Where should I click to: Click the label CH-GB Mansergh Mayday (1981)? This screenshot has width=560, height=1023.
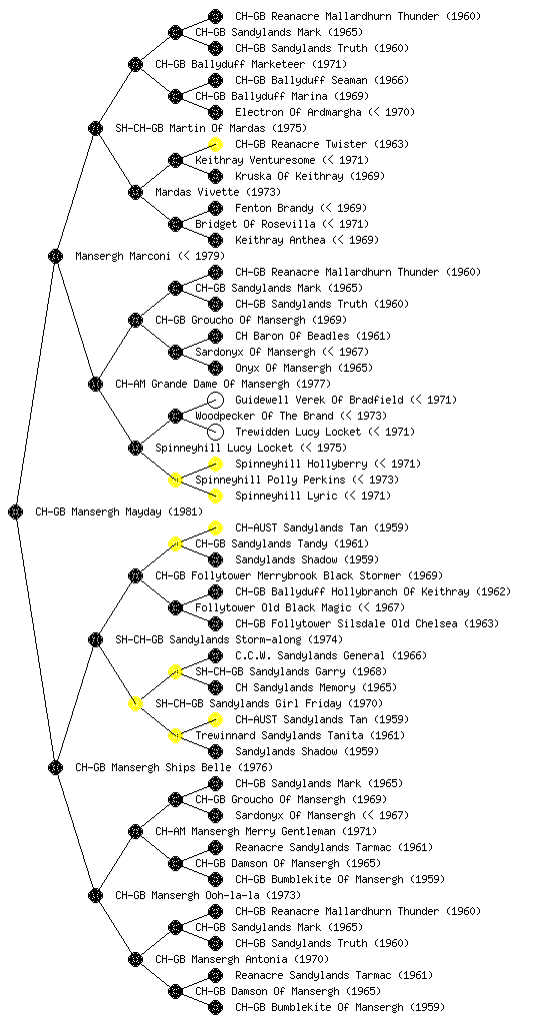[x=119, y=512]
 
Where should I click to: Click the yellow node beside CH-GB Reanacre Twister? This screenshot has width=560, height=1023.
[x=215, y=144]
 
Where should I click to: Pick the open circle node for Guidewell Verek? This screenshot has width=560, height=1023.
[x=215, y=400]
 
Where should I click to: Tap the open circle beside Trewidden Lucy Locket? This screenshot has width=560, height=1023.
[x=215, y=432]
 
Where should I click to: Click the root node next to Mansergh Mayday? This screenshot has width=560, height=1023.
[x=16, y=512]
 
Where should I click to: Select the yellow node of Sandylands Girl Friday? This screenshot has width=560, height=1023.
[x=135, y=704]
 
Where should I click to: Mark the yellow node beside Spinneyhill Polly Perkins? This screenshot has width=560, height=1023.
[x=175, y=481]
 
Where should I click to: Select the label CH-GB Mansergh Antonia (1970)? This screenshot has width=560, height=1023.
[x=242, y=960]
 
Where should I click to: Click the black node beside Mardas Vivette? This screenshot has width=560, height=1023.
[x=135, y=193]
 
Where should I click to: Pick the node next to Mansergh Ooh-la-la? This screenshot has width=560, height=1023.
[x=95, y=896]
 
